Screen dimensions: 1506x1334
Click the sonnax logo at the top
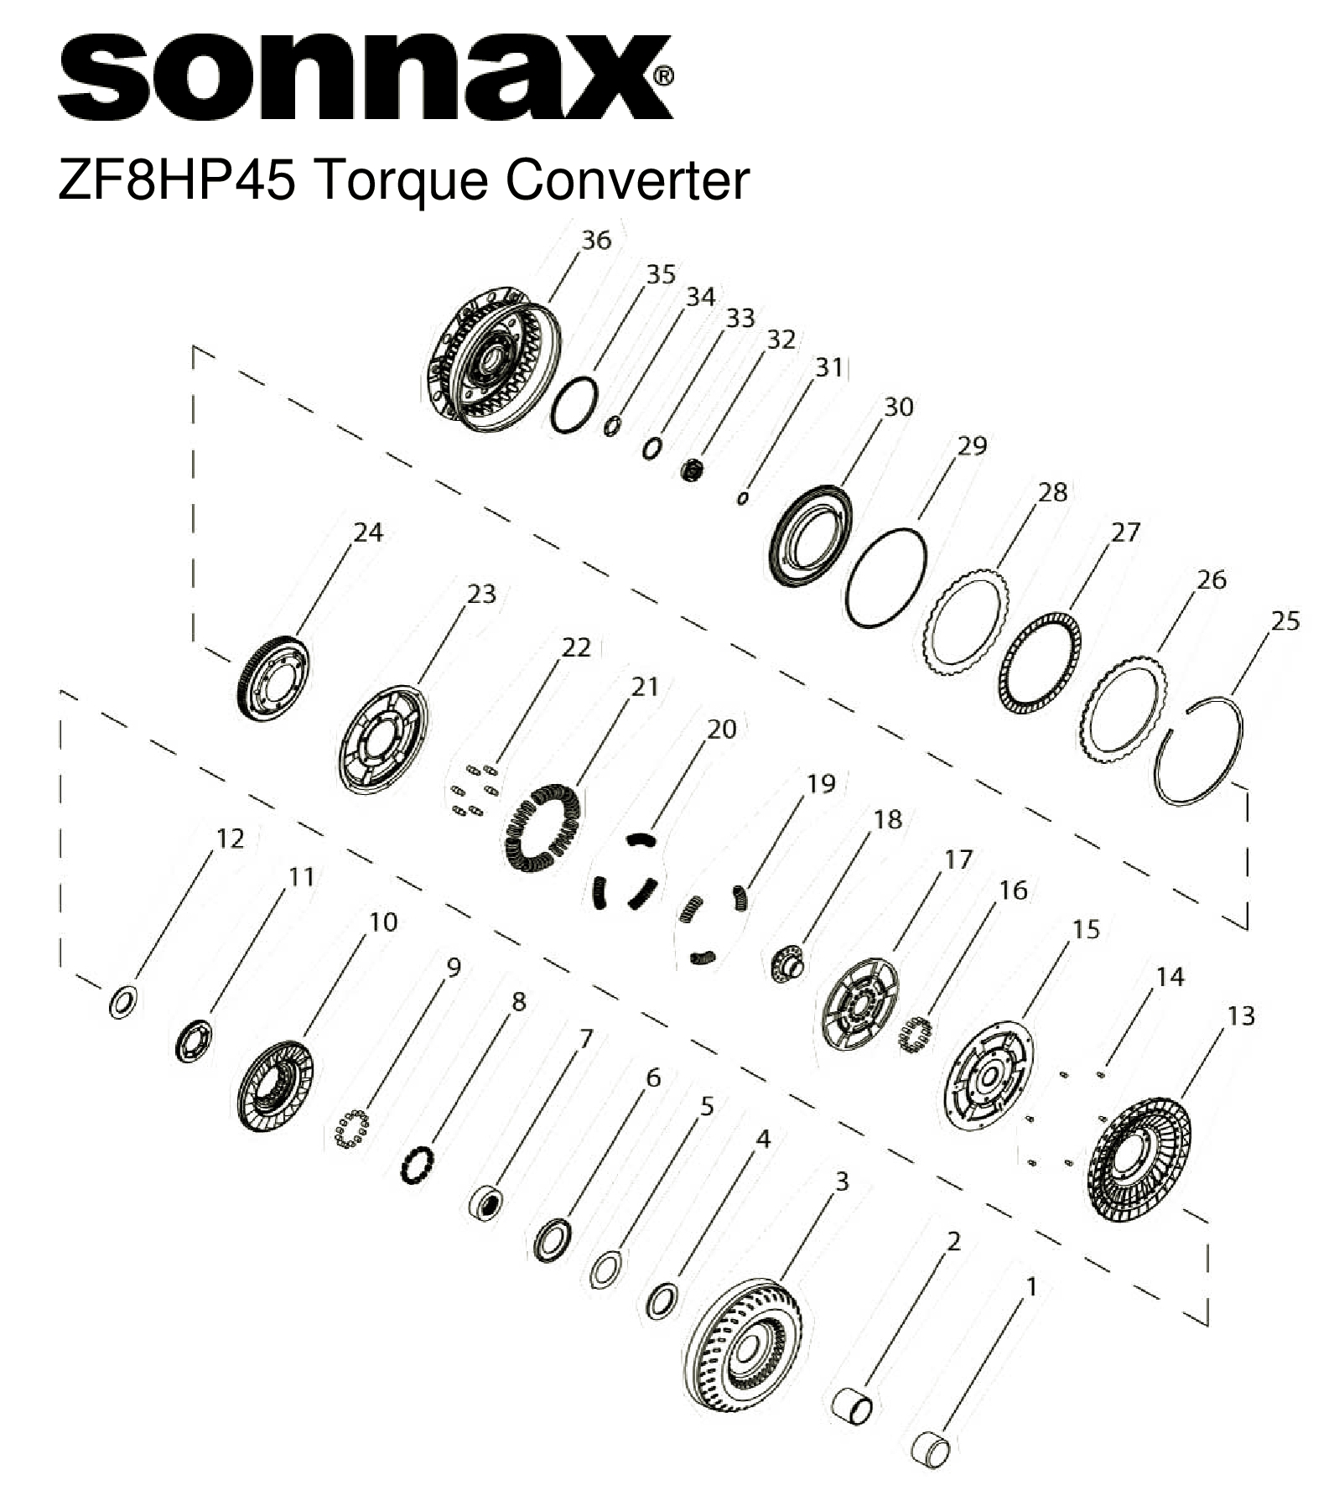(364, 77)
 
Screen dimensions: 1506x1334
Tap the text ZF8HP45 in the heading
(177, 179)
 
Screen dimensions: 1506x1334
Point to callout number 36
(596, 240)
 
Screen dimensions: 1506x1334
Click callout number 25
(1285, 621)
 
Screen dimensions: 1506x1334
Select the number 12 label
(230, 838)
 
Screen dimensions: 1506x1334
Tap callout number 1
(1031, 1286)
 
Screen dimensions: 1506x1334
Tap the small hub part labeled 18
(786, 963)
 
